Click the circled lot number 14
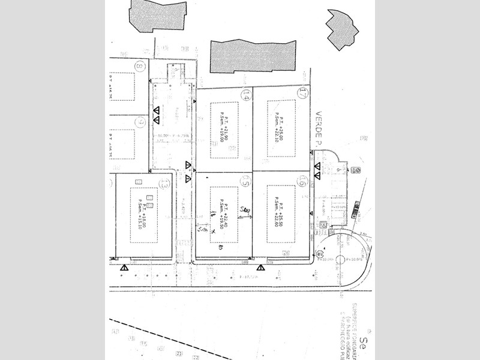(x=245, y=95)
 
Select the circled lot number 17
(x=302, y=93)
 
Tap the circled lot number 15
(x=245, y=180)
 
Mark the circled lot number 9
(x=140, y=122)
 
